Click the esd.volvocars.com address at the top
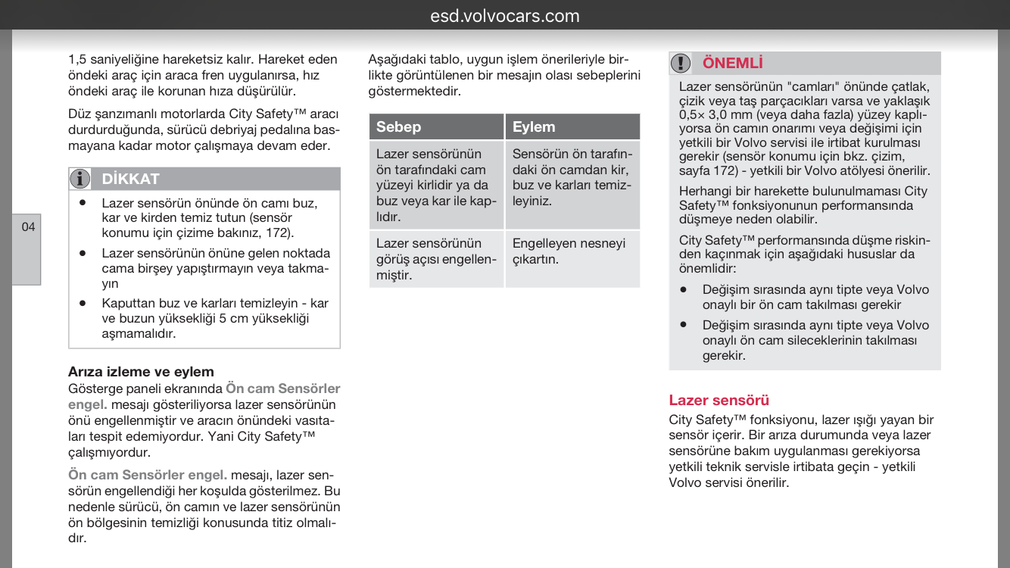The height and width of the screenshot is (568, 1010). [x=505, y=16]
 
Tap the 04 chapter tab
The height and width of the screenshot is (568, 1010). [x=27, y=226]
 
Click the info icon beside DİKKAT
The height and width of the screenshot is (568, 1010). [x=80, y=179]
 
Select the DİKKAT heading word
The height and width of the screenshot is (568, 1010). [x=130, y=179]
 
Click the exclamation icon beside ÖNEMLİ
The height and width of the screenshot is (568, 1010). [x=681, y=63]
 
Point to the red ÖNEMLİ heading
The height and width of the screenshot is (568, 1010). [x=732, y=63]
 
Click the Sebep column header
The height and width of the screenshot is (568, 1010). [x=399, y=126]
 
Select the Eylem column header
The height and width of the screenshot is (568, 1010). [x=534, y=126]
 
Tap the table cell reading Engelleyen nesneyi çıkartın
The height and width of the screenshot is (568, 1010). [x=569, y=251]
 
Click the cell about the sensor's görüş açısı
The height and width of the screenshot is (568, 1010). [x=435, y=259]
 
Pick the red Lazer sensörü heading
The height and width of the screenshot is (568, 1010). [x=719, y=400]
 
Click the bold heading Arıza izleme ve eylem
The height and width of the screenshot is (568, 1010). [x=141, y=371]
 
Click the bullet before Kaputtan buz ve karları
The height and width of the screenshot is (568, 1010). [x=83, y=303]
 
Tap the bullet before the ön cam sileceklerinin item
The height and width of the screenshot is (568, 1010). [x=683, y=325]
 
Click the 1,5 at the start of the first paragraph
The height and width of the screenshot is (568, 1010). [x=77, y=59]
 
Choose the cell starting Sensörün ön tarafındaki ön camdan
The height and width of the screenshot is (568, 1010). [x=572, y=177]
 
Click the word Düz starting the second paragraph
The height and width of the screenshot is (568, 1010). [x=79, y=114]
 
